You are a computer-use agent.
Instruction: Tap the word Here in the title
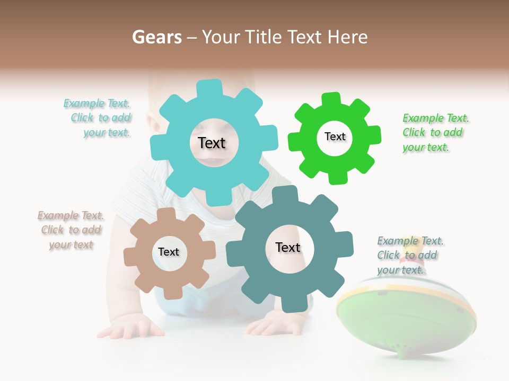(347, 37)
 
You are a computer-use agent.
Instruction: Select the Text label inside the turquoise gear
(212, 143)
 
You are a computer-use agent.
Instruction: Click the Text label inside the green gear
(335, 137)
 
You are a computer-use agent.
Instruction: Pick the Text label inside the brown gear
(169, 252)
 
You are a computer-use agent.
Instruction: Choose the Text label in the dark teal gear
(288, 247)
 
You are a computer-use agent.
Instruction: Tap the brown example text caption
(71, 230)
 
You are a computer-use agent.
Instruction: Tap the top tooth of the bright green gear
(331, 99)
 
